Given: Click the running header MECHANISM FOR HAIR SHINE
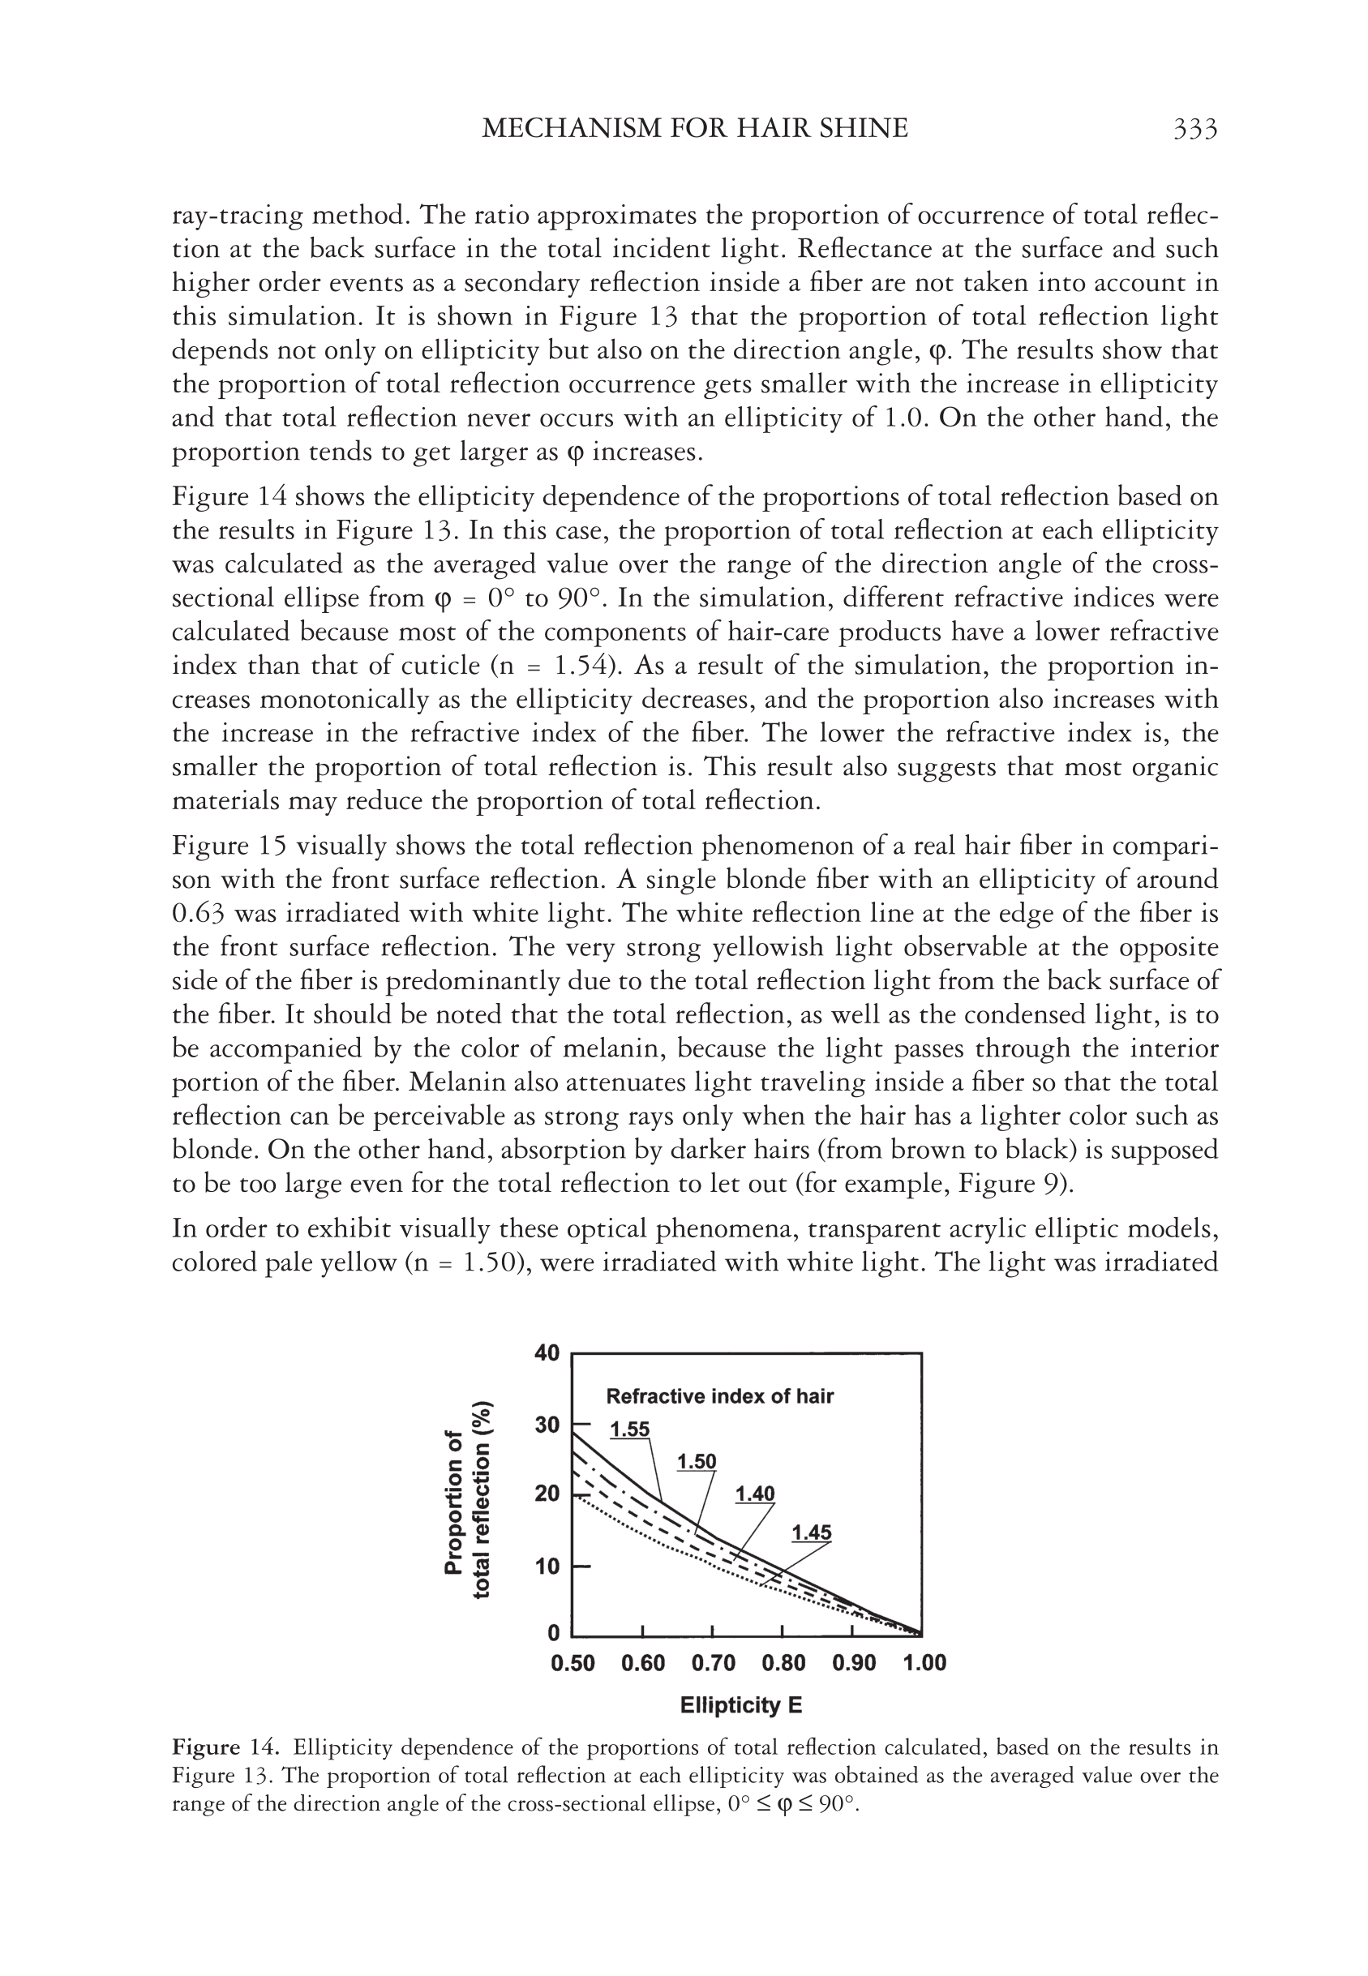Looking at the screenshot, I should [x=694, y=129].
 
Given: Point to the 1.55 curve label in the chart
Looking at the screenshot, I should [x=629, y=1429].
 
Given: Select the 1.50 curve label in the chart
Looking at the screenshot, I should [x=696, y=1462].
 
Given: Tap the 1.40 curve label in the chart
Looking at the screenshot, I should [x=754, y=1494].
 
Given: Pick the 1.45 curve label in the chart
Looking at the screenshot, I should [x=811, y=1533].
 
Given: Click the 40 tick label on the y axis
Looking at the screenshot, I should [x=546, y=1354].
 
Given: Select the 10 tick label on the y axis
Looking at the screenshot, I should [x=546, y=1567].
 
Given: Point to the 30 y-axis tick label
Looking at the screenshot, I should [x=546, y=1425].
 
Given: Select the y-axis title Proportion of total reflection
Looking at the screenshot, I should [x=468, y=1499].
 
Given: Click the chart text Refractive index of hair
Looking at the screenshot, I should [x=719, y=1397].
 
